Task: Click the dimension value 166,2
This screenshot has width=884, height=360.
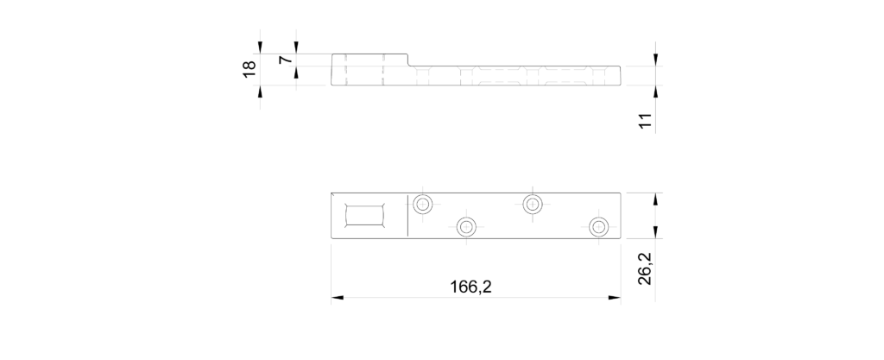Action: (470, 287)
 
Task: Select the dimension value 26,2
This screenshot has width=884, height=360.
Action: (645, 268)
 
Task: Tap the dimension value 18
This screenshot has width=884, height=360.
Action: (249, 69)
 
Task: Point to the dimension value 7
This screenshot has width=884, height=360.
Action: (285, 60)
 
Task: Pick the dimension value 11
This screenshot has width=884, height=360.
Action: (646, 121)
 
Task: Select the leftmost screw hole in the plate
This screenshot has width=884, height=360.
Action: (423, 204)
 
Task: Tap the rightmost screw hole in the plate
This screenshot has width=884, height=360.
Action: (599, 227)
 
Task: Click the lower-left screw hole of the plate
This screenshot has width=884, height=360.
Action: (466, 227)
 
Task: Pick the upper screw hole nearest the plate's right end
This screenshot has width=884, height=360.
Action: (533, 204)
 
